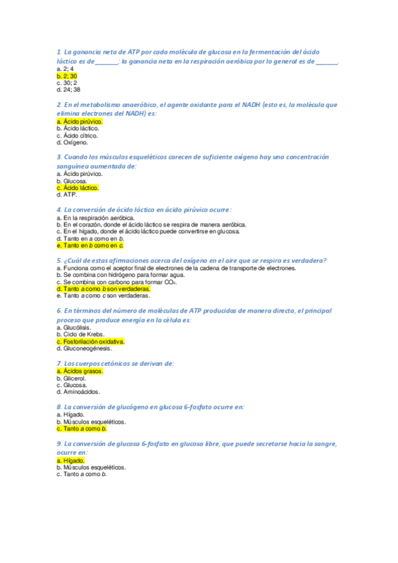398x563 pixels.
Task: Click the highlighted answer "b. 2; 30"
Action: tap(68, 76)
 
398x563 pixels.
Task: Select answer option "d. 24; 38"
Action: tap(68, 89)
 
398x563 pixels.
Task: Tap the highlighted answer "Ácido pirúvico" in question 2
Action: tap(80, 122)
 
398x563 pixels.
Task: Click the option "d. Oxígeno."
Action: tap(72, 142)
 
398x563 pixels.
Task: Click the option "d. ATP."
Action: tap(67, 195)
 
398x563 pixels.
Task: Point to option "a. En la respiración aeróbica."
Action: tap(96, 218)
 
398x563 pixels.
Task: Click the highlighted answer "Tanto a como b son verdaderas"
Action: tap(104, 289)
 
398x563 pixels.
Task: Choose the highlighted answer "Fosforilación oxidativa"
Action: tap(91, 341)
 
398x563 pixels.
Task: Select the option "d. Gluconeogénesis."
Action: tap(84, 348)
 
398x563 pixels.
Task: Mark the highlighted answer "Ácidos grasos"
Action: tap(80, 371)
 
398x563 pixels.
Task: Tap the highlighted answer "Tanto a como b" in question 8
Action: tap(82, 429)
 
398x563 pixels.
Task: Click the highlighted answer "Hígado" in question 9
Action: tap(71, 460)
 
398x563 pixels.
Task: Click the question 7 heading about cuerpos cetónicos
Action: tap(116, 363)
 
